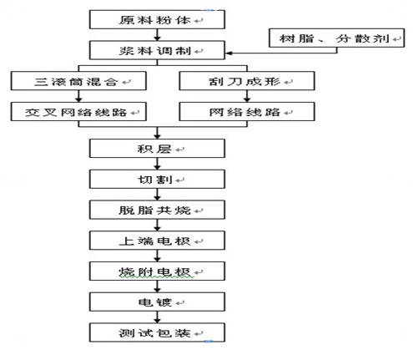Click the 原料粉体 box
point(157,19)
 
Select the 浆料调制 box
point(157,50)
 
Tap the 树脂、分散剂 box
point(336,38)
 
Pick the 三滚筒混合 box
point(78,81)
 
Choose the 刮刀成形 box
point(247,81)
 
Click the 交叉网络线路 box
point(78,111)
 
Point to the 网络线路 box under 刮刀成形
point(247,111)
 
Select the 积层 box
point(157,149)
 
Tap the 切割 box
point(157,179)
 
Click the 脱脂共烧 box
point(157,210)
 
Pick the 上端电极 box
point(157,241)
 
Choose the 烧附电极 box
point(157,271)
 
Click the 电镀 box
point(157,302)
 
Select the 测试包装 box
point(157,332)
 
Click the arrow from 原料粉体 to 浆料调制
point(157,35)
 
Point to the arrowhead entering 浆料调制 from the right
point(228,53)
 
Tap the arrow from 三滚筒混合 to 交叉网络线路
point(78,96)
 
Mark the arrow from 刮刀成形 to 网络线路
point(247,96)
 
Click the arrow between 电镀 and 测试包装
point(157,317)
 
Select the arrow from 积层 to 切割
point(157,164)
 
